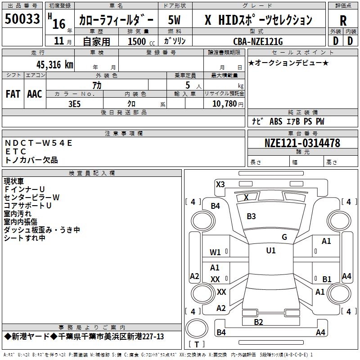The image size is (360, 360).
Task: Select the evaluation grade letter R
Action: tap(343, 21)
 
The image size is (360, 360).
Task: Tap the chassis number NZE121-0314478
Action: tap(302, 143)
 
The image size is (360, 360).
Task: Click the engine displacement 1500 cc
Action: tap(137, 41)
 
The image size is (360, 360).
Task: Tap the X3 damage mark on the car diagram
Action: tap(220, 184)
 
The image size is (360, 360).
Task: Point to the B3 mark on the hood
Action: tap(251, 216)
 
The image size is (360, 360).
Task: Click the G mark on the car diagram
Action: tap(284, 237)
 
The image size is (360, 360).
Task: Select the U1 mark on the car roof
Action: tap(270, 251)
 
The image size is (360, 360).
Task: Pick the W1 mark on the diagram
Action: tap(216, 252)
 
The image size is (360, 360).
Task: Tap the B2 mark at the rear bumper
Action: tap(258, 322)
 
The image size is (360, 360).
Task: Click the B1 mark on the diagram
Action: tap(327, 279)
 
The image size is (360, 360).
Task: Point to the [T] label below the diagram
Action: tap(197, 344)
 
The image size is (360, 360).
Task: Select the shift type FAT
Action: tap(13, 94)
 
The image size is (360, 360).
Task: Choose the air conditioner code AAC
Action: tap(35, 94)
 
